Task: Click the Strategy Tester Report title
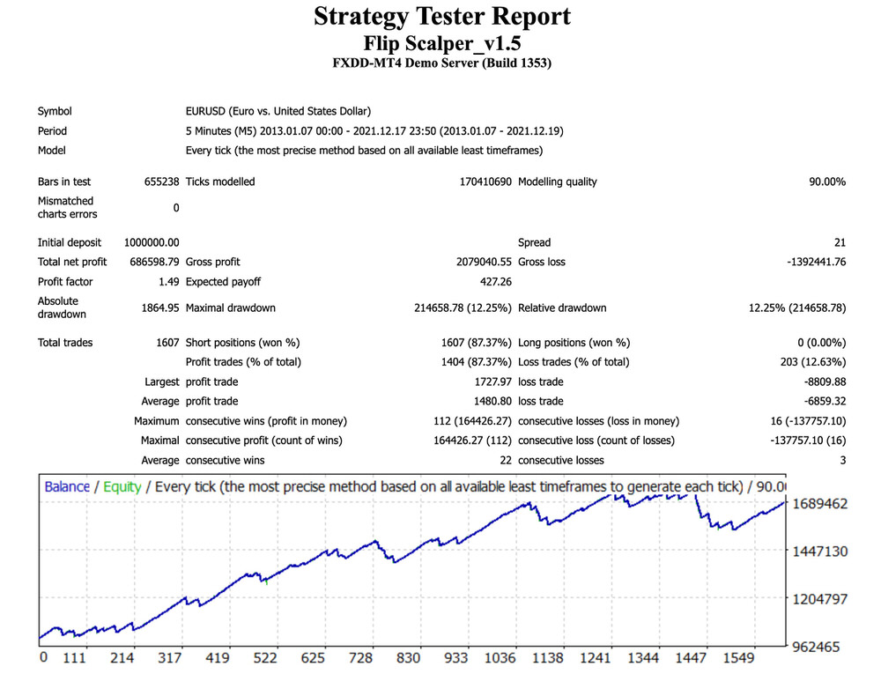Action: [442, 16]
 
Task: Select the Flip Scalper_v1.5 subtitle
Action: [442, 42]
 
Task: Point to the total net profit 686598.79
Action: [154, 262]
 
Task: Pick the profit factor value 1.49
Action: [167, 282]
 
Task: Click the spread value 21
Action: [840, 242]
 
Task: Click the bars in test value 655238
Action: [162, 181]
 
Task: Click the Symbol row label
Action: [55, 112]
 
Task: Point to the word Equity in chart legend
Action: [122, 486]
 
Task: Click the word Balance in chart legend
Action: [67, 486]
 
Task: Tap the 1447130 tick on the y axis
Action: [819, 552]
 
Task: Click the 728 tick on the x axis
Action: [361, 658]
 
